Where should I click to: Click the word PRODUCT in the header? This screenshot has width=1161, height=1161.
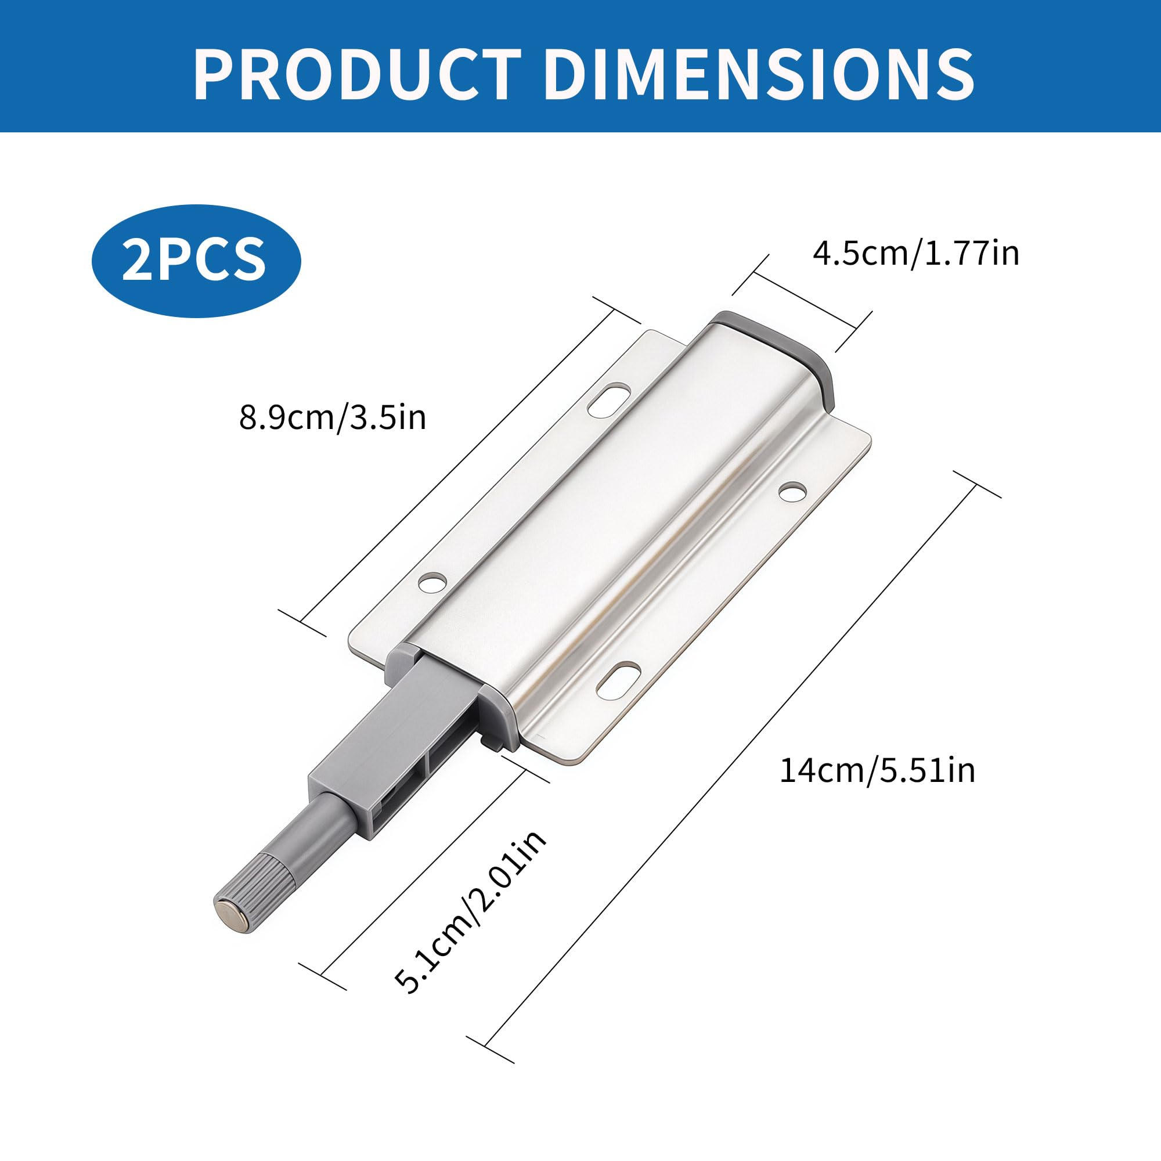(357, 74)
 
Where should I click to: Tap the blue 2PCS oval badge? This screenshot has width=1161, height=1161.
(196, 261)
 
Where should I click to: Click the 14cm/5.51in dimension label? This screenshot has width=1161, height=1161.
(877, 770)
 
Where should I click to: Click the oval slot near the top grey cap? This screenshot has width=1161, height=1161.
(611, 400)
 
